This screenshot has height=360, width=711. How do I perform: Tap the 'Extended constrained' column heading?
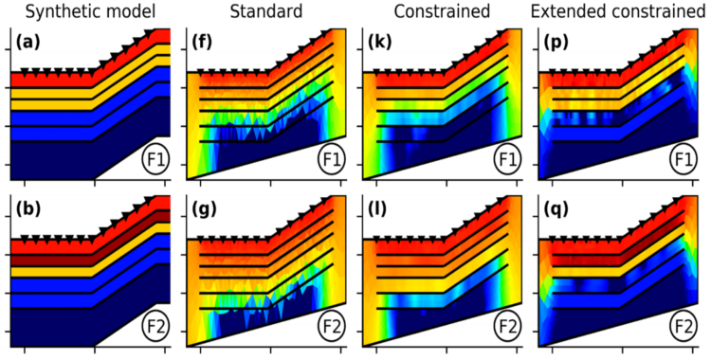point(620,11)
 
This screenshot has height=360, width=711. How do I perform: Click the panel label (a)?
point(28,42)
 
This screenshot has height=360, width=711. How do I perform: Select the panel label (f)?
point(204,42)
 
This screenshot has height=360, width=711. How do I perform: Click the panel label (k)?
point(382,42)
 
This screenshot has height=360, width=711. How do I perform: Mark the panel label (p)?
point(557,42)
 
